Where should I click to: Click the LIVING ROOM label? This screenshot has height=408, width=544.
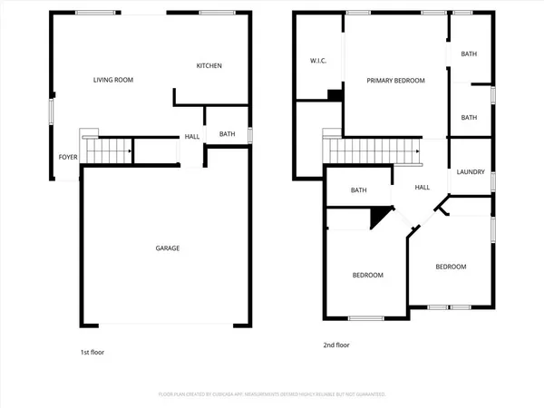tap(113, 80)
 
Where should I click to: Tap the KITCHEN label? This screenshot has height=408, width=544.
tap(209, 65)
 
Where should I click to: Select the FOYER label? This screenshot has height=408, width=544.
tap(68, 157)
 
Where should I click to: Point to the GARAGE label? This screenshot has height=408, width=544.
tap(166, 248)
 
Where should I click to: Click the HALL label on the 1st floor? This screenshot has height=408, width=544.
tap(192, 137)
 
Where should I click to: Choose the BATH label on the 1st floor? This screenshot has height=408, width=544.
tap(227, 135)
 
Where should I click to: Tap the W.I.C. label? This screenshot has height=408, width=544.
tap(317, 62)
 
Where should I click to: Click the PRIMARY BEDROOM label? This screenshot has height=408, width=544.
tap(395, 81)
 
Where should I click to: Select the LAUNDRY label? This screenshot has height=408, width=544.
tap(471, 172)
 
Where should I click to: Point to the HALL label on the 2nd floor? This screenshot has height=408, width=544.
tap(422, 188)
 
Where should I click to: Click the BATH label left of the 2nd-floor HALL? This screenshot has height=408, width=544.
tap(358, 190)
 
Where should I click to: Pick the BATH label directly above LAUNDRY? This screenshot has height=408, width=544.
tap(469, 118)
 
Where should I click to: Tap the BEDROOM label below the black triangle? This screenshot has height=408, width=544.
tap(367, 275)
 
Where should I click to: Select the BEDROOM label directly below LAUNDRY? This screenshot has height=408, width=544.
tap(451, 267)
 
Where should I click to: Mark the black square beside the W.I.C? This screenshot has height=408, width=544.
tap(335, 94)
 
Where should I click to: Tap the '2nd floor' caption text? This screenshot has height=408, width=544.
tap(336, 345)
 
